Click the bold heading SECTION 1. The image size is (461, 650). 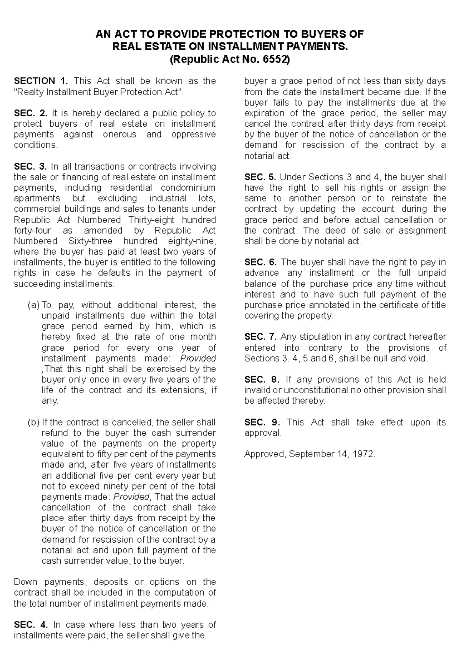(41, 81)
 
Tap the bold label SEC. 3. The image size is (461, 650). (30, 167)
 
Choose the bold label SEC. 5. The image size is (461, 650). (260, 177)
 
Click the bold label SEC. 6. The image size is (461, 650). (260, 262)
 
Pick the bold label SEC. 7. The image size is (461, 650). (260, 337)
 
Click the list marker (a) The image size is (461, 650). (33, 305)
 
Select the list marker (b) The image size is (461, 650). (33, 422)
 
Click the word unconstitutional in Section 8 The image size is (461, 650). (307, 390)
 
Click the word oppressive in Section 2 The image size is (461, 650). (193, 135)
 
